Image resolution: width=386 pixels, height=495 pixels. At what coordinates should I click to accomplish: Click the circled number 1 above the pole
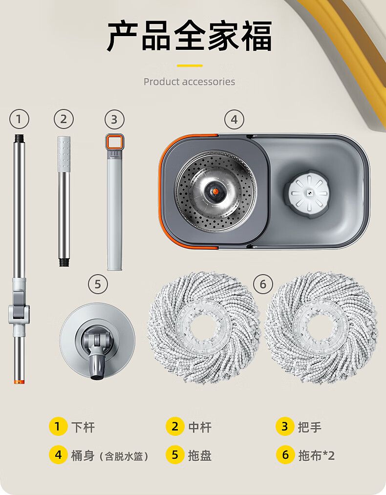19,119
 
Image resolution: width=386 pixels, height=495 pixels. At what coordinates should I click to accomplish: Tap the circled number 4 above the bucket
234,119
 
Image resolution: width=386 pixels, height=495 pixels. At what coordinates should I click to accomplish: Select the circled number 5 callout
98,284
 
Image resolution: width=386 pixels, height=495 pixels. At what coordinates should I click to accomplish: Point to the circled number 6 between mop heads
263,284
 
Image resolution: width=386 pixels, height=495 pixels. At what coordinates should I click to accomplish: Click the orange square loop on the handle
114,142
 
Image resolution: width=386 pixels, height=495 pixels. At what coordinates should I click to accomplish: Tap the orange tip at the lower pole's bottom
19,382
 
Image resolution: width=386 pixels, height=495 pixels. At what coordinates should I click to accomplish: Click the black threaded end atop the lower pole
19,138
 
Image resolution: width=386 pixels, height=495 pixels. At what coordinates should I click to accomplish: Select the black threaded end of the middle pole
64,262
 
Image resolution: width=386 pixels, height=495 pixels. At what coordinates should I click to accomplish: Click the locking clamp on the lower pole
19,311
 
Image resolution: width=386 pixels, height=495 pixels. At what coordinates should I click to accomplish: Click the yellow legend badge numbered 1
58,427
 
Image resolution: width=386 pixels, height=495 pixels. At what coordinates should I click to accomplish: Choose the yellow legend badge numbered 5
175,455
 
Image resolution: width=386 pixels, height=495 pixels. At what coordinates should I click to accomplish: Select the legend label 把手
310,427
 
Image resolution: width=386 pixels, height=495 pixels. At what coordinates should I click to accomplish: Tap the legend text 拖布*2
316,455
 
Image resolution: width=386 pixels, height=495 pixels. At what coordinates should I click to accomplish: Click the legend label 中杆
200,427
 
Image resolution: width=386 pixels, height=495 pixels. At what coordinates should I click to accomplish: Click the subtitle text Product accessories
190,82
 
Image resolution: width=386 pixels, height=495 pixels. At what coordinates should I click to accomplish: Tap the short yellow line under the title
190,65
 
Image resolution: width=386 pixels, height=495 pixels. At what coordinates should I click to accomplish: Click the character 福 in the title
257,36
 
